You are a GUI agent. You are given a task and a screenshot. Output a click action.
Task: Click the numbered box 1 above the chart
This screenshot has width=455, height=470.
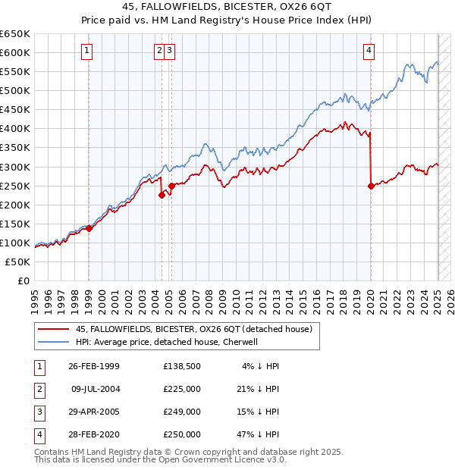[88, 52]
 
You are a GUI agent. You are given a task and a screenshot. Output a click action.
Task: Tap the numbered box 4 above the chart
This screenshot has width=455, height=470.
[369, 52]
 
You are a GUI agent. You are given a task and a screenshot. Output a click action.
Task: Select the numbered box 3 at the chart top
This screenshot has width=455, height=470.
[169, 52]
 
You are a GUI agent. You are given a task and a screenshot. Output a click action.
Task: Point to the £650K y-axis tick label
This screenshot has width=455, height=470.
[15, 34]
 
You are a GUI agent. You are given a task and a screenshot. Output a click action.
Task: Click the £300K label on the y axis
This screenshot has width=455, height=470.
[15, 167]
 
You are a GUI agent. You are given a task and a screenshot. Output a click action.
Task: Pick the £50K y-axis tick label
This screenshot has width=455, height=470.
[18, 262]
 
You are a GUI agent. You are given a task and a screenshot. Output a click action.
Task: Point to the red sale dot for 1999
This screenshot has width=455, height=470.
[89, 227]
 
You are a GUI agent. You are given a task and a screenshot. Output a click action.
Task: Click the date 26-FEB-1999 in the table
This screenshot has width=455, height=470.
[94, 365]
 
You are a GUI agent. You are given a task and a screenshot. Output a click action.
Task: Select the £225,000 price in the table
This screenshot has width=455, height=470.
[182, 388]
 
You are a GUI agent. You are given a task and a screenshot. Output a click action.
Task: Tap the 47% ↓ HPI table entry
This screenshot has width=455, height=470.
[259, 434]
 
